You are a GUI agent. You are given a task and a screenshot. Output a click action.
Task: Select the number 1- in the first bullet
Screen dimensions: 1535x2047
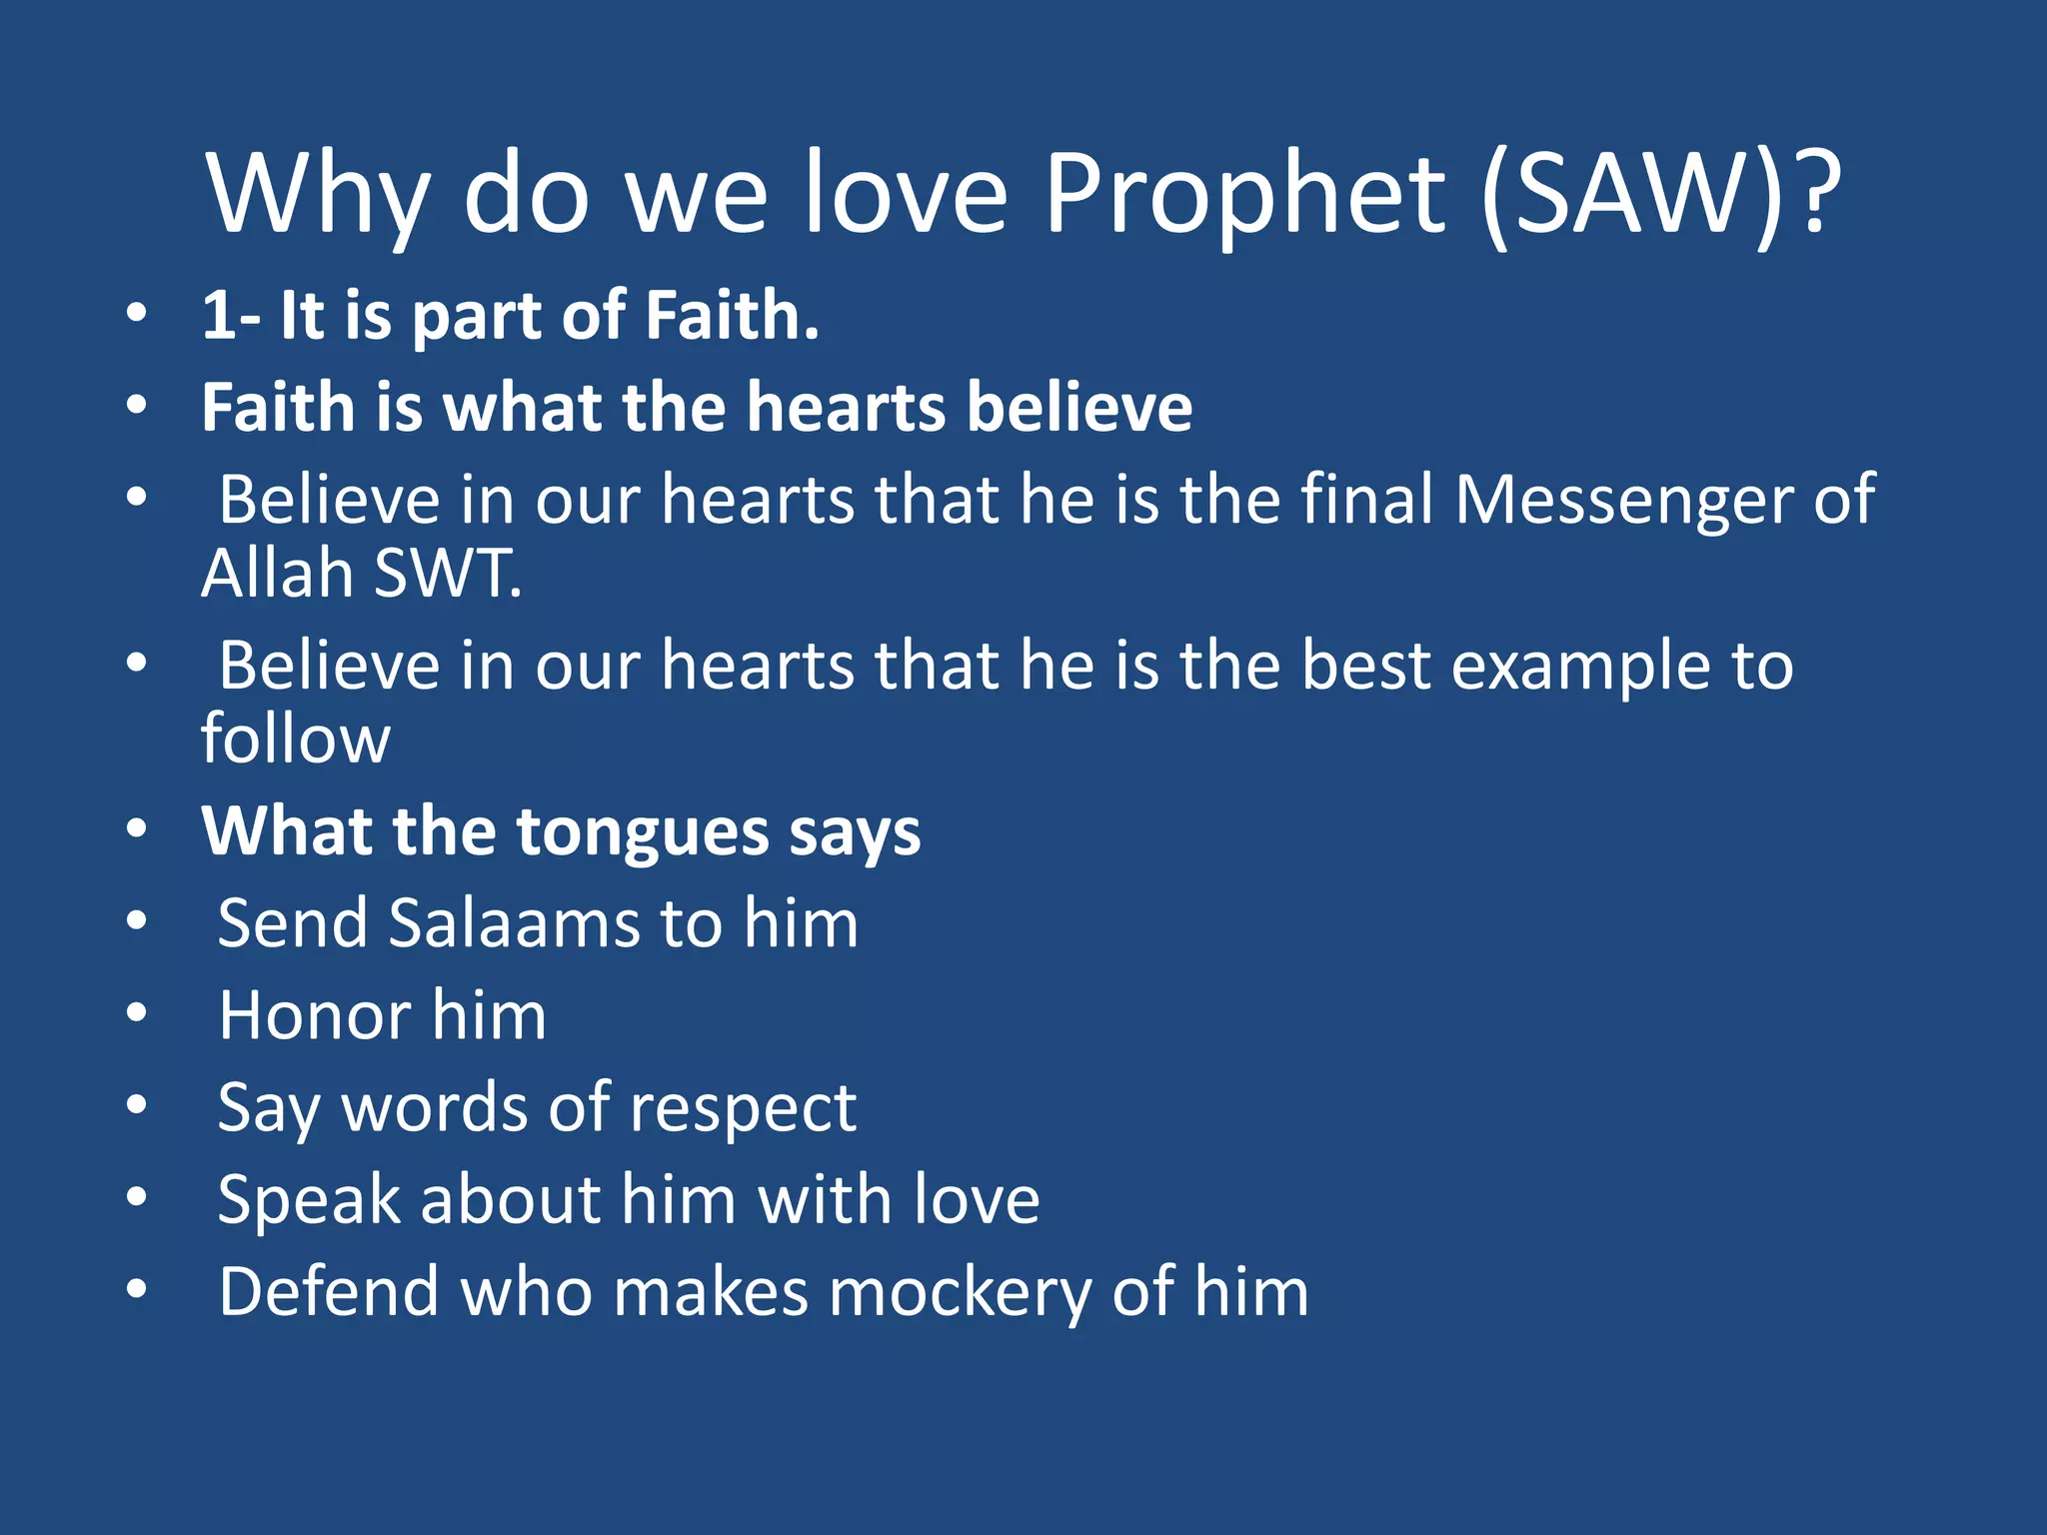click(x=231, y=316)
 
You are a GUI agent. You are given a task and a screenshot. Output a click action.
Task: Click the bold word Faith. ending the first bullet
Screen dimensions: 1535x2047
click(x=732, y=316)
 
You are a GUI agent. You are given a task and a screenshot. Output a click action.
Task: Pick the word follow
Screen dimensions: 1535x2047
click(x=295, y=740)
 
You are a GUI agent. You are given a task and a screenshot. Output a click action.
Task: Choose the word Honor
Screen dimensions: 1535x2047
click(x=314, y=1016)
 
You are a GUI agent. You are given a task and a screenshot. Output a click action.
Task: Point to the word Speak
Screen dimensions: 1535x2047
click(x=308, y=1200)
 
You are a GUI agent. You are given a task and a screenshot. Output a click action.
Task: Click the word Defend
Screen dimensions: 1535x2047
click(x=328, y=1292)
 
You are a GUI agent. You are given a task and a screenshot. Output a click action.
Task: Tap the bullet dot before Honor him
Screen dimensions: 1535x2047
click(x=137, y=1013)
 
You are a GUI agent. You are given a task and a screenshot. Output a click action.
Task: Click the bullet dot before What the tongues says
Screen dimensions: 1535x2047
click(x=137, y=828)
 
